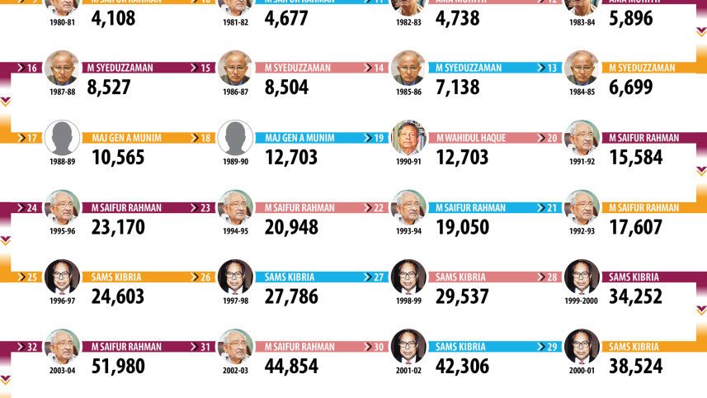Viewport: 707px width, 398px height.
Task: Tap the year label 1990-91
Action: [x=408, y=161]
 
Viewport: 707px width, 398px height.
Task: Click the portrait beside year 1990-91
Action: [x=408, y=138]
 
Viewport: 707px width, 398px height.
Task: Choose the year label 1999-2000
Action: [x=582, y=301]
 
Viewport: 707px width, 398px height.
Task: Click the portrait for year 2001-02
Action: [x=408, y=347]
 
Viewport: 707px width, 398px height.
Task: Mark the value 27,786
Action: [x=291, y=296]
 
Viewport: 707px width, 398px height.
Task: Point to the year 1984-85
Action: [x=582, y=92]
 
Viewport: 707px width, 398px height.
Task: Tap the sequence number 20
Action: [x=551, y=138]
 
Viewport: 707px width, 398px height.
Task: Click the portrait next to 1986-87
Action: [x=235, y=68]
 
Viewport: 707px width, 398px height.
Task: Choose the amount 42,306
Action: [x=464, y=365]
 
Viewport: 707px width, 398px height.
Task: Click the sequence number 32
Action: [x=32, y=347]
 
